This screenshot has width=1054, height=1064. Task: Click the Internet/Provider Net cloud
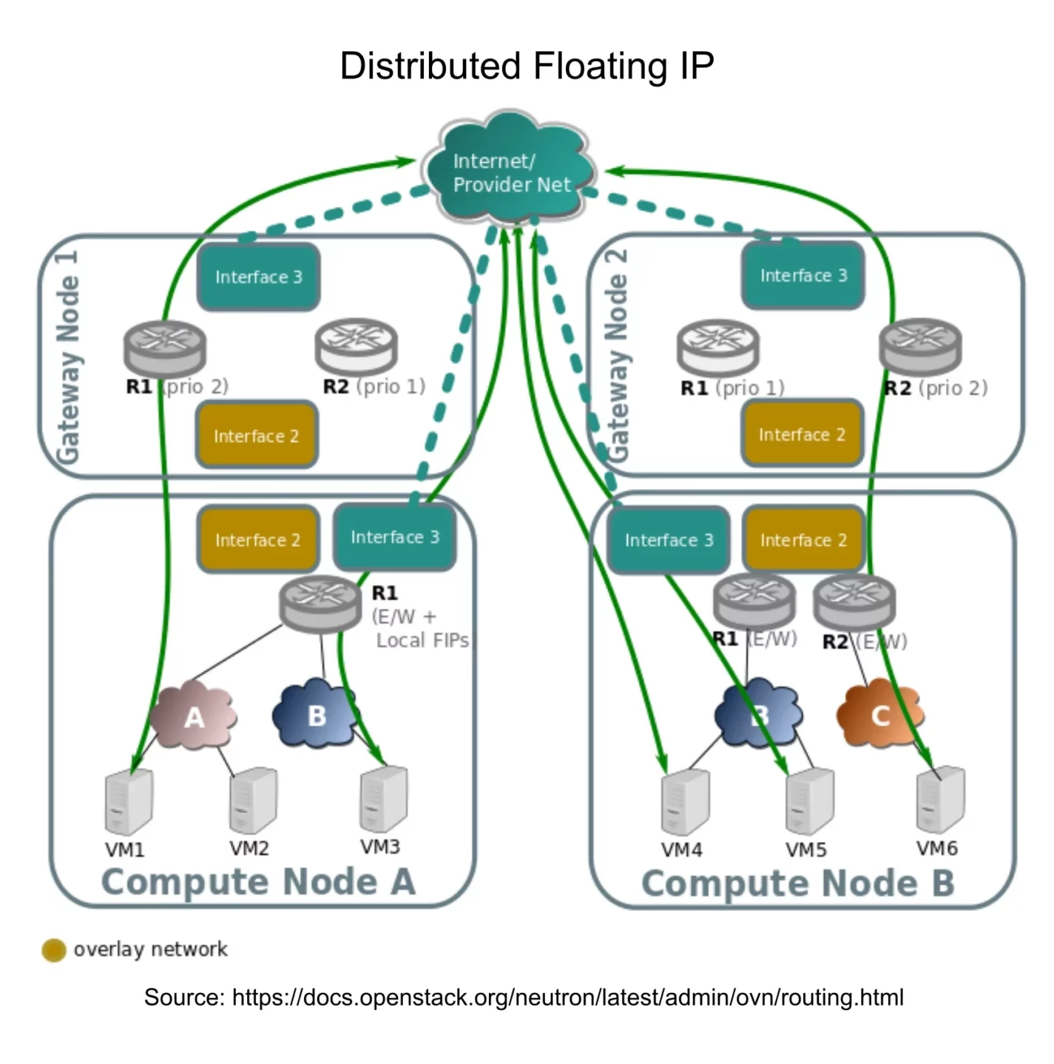511,172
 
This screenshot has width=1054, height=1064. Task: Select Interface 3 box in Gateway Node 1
258,277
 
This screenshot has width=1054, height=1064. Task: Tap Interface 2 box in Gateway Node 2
802,434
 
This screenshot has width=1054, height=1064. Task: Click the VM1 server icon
129,802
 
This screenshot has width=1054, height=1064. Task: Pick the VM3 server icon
383,799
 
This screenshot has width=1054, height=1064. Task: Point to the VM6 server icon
940,800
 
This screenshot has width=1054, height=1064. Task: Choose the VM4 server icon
685,802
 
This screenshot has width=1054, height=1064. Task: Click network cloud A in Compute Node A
194,716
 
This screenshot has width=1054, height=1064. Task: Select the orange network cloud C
879,715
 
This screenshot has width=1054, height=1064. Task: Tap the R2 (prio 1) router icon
356,346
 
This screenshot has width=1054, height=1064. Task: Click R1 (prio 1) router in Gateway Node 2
717,347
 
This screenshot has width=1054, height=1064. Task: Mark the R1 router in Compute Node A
320,602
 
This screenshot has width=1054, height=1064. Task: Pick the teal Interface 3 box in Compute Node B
668,540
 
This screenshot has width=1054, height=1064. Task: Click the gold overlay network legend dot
54,950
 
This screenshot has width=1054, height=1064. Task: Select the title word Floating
600,66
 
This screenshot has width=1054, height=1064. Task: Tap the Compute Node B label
797,883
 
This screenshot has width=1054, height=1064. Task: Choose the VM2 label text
249,848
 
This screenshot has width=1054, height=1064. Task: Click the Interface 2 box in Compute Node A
257,539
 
